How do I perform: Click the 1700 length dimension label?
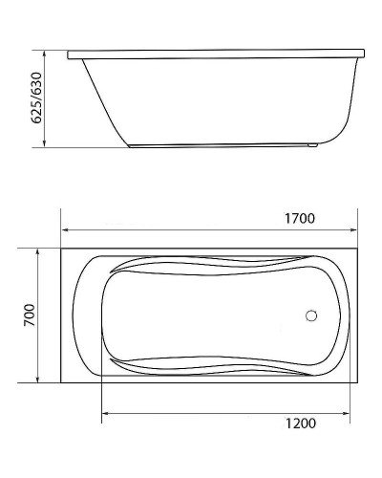pyautogui.click(x=301, y=218)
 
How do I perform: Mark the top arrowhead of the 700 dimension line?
pyautogui.click(x=39, y=250)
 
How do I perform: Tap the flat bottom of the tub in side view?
pyautogui.click(x=220, y=146)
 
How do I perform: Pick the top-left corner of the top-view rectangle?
pyautogui.click(x=61, y=246)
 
